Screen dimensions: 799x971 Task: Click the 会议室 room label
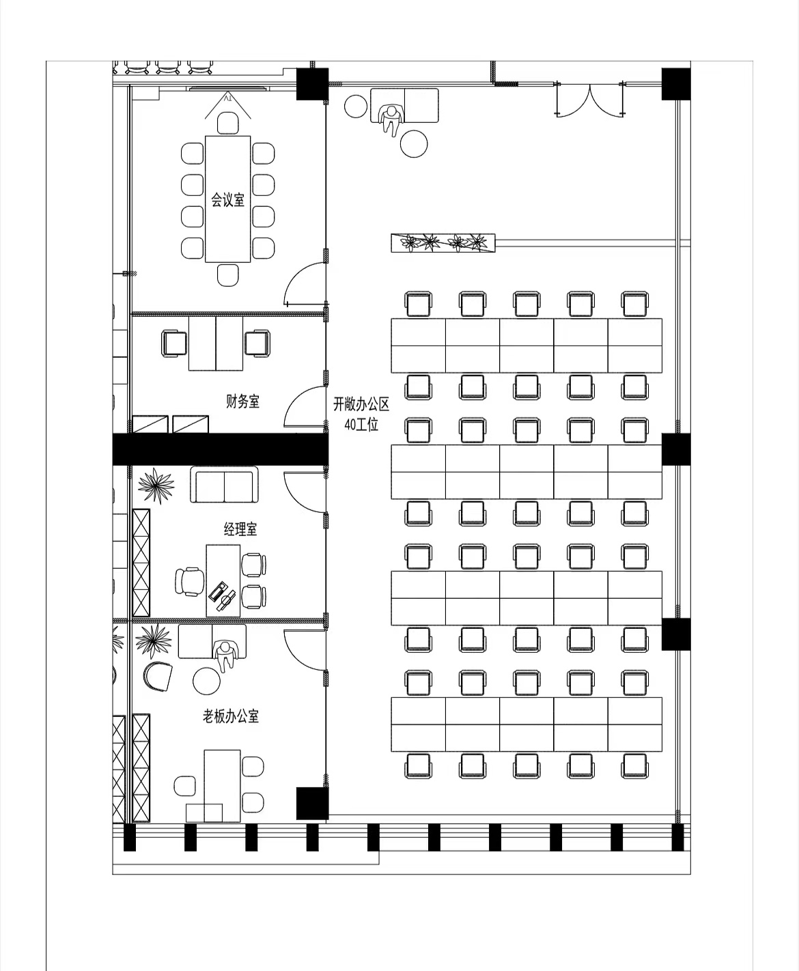[227, 200]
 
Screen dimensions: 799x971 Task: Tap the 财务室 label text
[242, 402]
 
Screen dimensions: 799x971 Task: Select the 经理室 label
[240, 529]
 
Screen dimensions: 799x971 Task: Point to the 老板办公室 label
[231, 716]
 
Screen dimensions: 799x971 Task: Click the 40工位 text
[361, 425]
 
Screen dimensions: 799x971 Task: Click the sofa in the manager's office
[224, 484]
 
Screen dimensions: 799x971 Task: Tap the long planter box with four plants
[443, 242]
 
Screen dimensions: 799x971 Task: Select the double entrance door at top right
[591, 100]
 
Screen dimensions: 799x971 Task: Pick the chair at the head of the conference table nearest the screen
[228, 122]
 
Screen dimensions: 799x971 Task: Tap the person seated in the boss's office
[224, 656]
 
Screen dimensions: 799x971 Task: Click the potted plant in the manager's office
[156, 485]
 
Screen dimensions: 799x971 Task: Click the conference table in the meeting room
[228, 199]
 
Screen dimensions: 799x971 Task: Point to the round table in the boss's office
[206, 681]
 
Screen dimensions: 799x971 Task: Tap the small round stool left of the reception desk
[356, 106]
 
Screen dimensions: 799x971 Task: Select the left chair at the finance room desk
[174, 343]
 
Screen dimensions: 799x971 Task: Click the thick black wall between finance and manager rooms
[220, 449]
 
